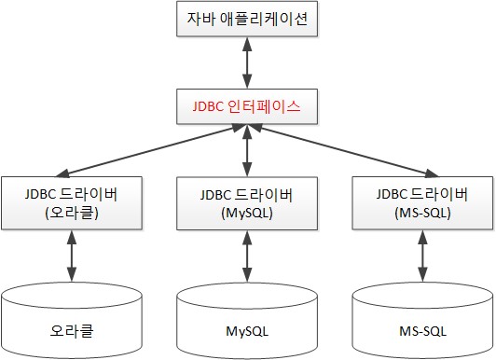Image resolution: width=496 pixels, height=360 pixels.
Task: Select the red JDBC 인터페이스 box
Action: [247, 106]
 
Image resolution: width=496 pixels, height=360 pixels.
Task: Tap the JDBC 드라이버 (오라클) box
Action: [70, 203]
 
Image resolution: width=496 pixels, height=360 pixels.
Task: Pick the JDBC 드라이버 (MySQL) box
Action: [247, 203]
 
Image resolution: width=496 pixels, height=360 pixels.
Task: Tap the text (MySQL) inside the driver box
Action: [247, 213]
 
